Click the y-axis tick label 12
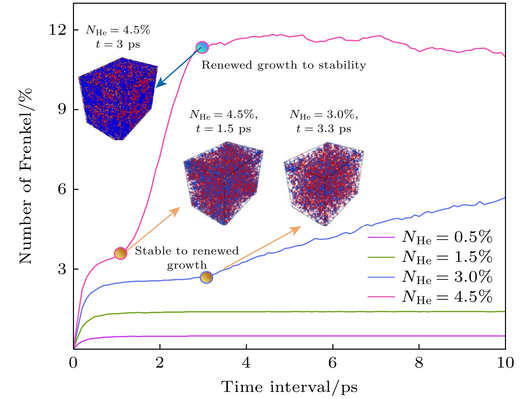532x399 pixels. [57, 30]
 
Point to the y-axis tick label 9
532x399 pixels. [62, 109]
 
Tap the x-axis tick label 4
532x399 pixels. [246, 363]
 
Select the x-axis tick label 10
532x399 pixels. [505, 363]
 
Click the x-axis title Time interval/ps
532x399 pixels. [289, 387]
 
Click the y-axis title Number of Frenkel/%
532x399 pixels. [25, 176]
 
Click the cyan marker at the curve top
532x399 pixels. [202, 47]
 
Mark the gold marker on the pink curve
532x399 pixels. [121, 253]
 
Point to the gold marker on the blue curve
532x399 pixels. [206, 277]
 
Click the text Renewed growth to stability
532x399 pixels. [284, 65]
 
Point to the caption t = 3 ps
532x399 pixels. [118, 45]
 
